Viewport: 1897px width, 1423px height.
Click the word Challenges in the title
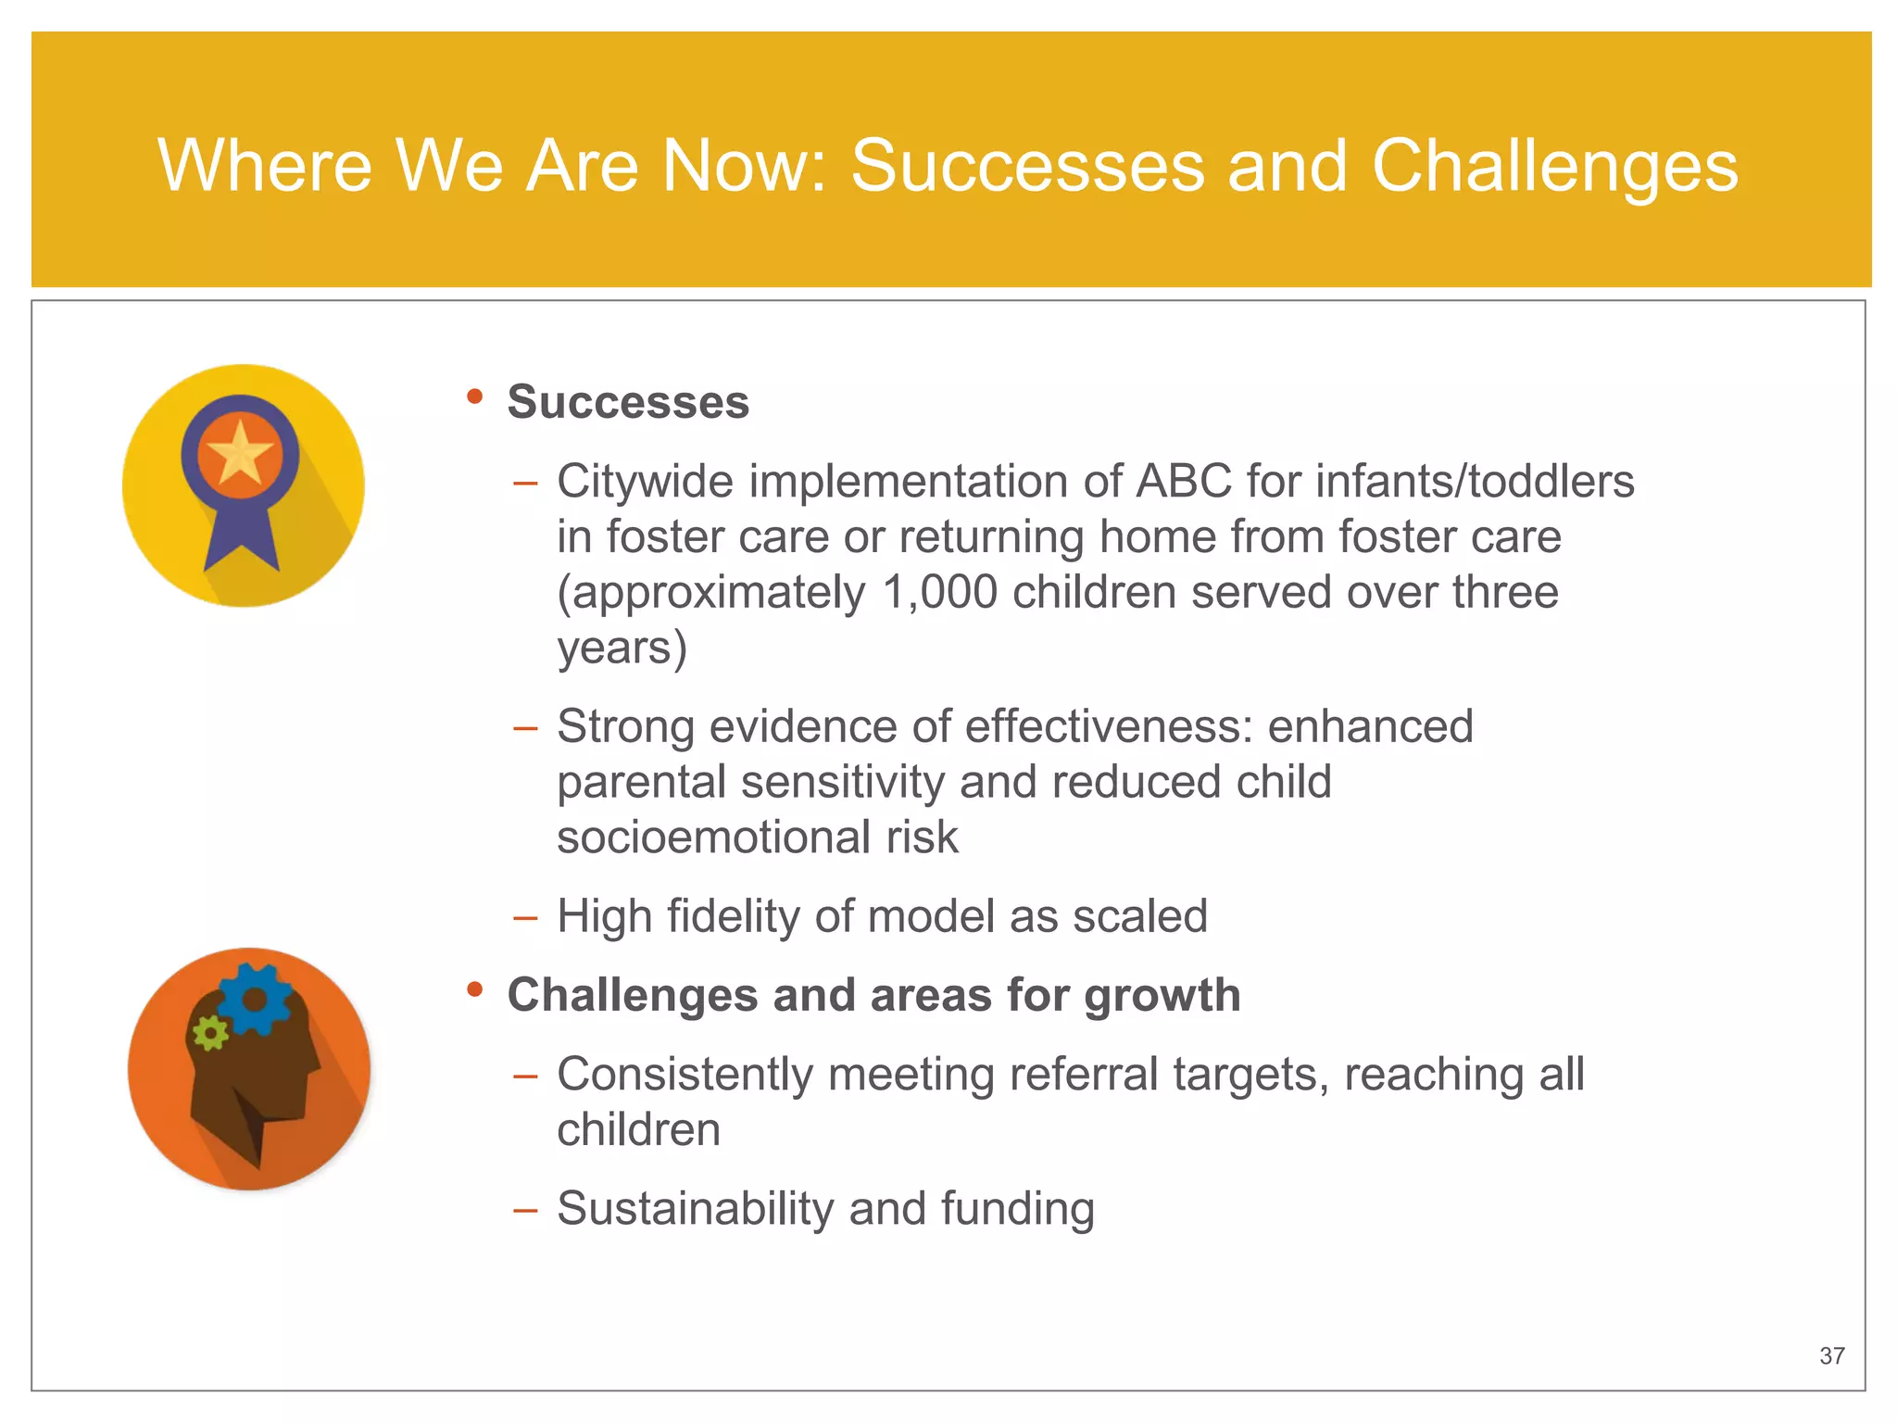click(1554, 167)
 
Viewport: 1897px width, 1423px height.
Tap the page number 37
click(1831, 1355)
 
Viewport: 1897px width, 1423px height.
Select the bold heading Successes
click(628, 402)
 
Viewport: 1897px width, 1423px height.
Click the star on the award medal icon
click(240, 453)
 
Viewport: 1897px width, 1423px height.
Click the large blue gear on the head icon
click(255, 999)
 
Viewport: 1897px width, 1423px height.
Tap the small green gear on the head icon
click(210, 1032)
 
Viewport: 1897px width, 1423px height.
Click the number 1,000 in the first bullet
click(939, 592)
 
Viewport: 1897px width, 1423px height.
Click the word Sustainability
click(695, 1209)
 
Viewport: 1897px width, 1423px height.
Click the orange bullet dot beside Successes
click(475, 397)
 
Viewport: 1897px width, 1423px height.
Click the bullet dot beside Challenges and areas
click(475, 989)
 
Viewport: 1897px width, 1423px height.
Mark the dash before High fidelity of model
click(525, 918)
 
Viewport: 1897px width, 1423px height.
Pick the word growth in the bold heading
click(1162, 996)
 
